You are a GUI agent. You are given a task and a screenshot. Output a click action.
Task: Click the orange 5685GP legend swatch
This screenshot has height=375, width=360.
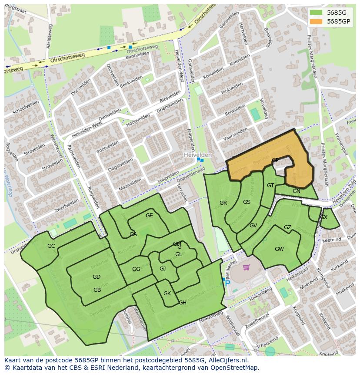pos(316,21)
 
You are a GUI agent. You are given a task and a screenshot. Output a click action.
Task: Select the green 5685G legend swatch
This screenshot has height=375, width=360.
pos(316,13)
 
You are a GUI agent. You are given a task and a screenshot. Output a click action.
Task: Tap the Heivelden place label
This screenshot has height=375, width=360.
pos(197,155)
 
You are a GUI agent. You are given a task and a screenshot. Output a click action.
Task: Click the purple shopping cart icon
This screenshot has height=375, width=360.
pos(247,267)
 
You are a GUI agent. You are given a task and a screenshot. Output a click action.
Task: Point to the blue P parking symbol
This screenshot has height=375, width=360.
pos(227,283)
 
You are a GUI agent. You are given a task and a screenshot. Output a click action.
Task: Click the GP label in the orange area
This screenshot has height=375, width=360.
pos(275,160)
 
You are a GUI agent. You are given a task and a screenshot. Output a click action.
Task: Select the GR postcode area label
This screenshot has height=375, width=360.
pos(223,203)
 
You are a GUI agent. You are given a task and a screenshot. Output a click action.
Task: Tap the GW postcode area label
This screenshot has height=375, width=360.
pos(279,249)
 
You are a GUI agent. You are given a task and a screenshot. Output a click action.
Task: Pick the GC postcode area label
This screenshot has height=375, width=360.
pos(51,246)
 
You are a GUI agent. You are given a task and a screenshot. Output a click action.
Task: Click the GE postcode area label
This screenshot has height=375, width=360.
pos(149,216)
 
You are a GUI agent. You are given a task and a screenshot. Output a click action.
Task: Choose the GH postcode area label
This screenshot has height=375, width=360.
pos(183,303)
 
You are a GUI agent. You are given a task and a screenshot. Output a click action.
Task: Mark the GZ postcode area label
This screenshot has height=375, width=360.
pos(287,227)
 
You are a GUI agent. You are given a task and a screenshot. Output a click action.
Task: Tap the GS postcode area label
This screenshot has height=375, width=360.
pos(247,202)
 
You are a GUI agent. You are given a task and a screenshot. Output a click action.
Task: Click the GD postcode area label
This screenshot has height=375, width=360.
pos(97,277)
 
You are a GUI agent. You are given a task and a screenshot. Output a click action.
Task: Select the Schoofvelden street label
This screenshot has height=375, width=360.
pos(26,106)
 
